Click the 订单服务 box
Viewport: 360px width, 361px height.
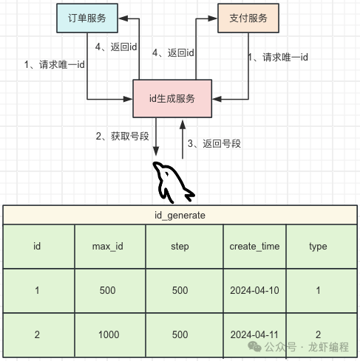click(x=87, y=18)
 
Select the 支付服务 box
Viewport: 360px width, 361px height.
click(x=248, y=18)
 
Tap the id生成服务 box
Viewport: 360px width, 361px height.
click(x=172, y=98)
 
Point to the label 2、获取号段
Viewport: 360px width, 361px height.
click(x=123, y=136)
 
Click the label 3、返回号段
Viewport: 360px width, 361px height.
click(x=214, y=143)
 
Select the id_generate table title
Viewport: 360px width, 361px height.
click(x=180, y=215)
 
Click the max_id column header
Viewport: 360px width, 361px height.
click(x=108, y=247)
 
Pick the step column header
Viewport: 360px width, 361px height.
click(x=180, y=247)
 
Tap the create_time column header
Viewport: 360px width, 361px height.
click(x=254, y=247)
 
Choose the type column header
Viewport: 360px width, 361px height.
click(x=318, y=247)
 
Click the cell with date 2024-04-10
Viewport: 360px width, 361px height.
click(x=254, y=290)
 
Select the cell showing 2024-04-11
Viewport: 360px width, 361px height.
click(x=254, y=334)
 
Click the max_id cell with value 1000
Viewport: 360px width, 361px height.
click(x=109, y=334)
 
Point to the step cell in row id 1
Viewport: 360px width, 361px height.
click(x=180, y=290)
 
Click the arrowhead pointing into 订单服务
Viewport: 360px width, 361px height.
click(x=123, y=18)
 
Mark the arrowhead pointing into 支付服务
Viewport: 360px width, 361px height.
click(x=212, y=18)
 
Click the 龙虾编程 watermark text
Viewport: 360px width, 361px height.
click(x=328, y=347)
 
